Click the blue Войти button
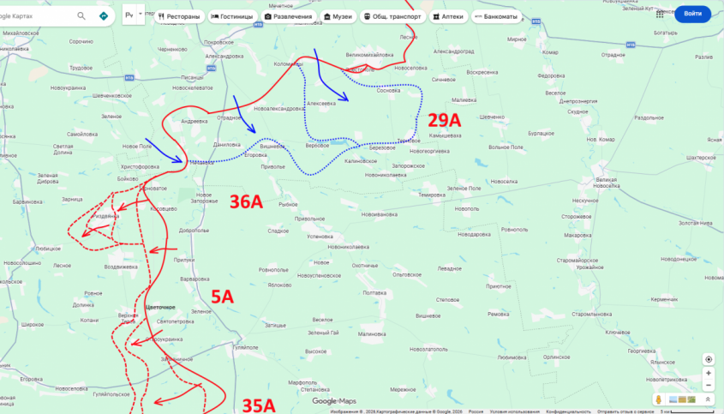pos(693,15)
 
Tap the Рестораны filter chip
pos(179,16)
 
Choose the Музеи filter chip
pos(336,16)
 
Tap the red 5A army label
pos(222,297)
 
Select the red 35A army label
pos(258,405)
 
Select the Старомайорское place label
pos(575,260)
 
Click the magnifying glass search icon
pos(81,15)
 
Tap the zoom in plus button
pos(708,374)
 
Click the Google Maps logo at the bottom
pos(334,401)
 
